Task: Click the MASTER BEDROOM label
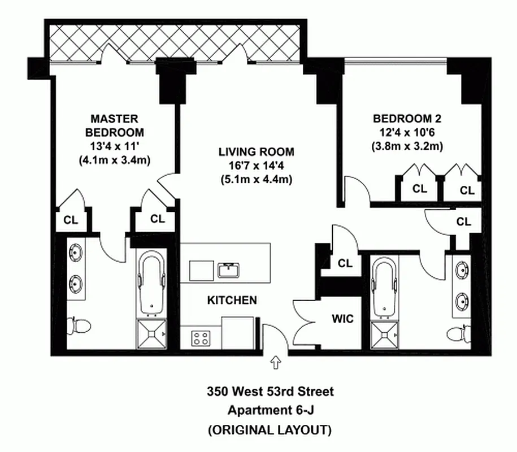pyautogui.click(x=114, y=125)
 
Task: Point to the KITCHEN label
pyautogui.click(x=232, y=301)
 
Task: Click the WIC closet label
pyautogui.click(x=342, y=319)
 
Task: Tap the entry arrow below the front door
pyautogui.click(x=276, y=363)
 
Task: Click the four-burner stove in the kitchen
pyautogui.click(x=201, y=338)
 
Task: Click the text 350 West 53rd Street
pyautogui.click(x=270, y=391)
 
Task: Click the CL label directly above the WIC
pyautogui.click(x=345, y=263)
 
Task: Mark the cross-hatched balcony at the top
pyautogui.click(x=175, y=43)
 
